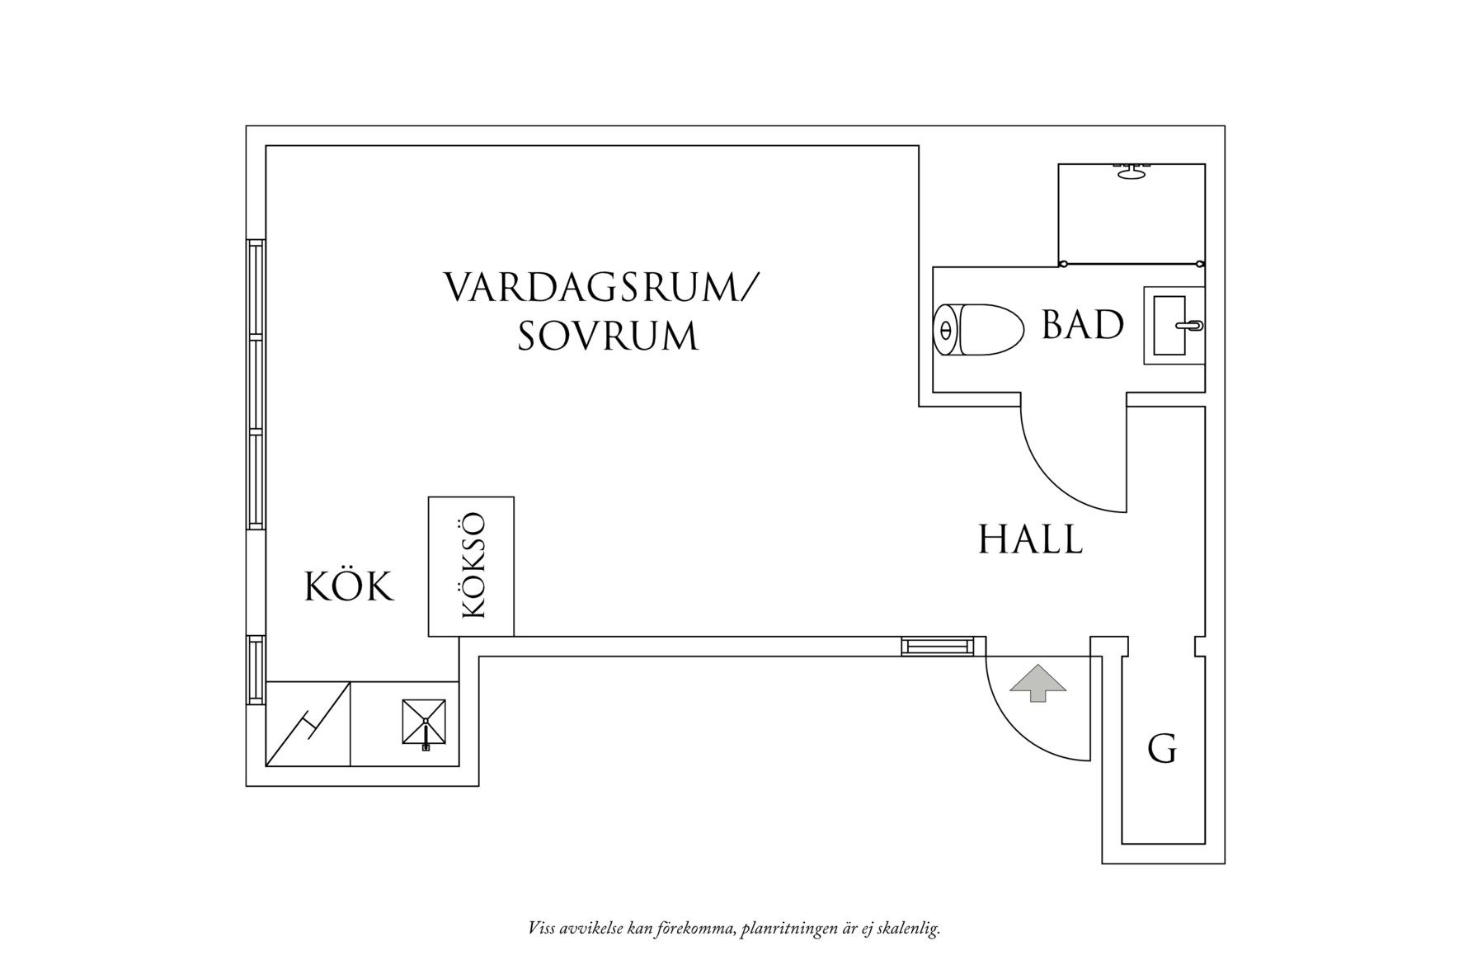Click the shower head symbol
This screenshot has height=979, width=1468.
pyautogui.click(x=1131, y=171)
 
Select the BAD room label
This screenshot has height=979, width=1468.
pyautogui.click(x=1082, y=325)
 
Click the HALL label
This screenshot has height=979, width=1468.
pyautogui.click(x=1030, y=540)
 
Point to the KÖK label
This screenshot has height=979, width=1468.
pyautogui.click(x=350, y=587)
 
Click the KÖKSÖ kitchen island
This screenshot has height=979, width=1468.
pyautogui.click(x=471, y=566)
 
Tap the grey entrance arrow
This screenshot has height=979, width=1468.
pyautogui.click(x=1037, y=682)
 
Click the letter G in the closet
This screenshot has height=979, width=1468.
pyautogui.click(x=1162, y=749)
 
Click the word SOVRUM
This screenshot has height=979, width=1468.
pyautogui.click(x=608, y=337)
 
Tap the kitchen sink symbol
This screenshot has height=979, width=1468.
pyautogui.click(x=424, y=722)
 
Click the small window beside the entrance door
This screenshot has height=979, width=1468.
pyautogui.click(x=935, y=647)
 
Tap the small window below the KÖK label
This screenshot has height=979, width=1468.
pyautogui.click(x=256, y=670)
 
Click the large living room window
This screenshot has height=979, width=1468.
pyautogui.click(x=256, y=384)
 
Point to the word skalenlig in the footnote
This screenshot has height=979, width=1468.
pyautogui.click(x=910, y=930)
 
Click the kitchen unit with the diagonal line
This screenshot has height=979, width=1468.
pyautogui.click(x=308, y=723)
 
